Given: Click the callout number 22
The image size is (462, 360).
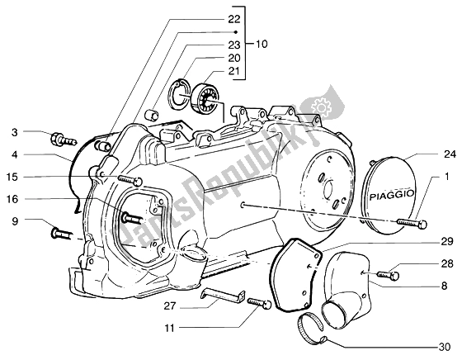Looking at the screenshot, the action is (x=234, y=20).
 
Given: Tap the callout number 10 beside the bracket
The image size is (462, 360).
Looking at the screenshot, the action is (x=261, y=45).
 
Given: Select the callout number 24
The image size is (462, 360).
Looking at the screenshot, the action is (x=450, y=154).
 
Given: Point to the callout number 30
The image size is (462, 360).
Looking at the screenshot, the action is (x=445, y=348).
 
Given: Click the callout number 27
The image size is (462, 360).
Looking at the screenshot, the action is (x=170, y=306).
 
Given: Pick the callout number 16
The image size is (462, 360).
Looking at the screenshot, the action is (x=12, y=199).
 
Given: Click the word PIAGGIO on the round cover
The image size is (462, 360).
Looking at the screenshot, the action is (x=392, y=195).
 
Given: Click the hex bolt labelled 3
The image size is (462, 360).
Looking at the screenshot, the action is (x=64, y=140).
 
